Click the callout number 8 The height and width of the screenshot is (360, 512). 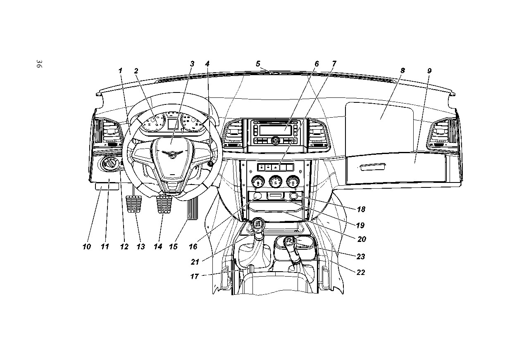[402, 71]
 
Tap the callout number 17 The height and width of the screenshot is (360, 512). [195, 277]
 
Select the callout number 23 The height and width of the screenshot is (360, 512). [361, 256]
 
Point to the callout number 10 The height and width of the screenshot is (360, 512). [87, 247]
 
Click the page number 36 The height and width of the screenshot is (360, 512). [38, 64]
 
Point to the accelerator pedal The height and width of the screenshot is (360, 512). [193, 208]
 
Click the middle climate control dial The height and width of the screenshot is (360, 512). [276, 182]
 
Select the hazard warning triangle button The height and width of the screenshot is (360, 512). [276, 167]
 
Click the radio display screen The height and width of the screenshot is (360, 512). [276, 130]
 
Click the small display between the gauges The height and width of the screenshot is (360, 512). [173, 123]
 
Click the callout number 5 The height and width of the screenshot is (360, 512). [258, 64]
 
